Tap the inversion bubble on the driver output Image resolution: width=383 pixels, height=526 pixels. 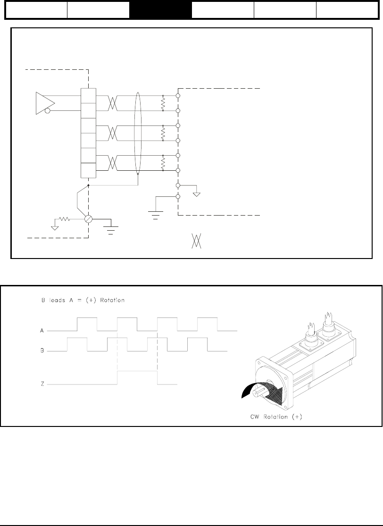pos(47,112)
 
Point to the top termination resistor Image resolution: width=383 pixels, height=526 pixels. pos(163,103)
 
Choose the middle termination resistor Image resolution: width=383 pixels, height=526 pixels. pos(163,133)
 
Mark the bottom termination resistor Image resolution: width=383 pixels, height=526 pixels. pos(163,163)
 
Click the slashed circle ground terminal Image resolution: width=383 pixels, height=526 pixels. pos(89,220)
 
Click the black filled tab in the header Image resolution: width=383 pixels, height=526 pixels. pos(160,10)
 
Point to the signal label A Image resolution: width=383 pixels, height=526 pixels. pos(42,331)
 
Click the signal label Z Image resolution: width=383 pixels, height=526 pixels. pos(42,384)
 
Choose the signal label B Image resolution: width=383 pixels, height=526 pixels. pos(42,351)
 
